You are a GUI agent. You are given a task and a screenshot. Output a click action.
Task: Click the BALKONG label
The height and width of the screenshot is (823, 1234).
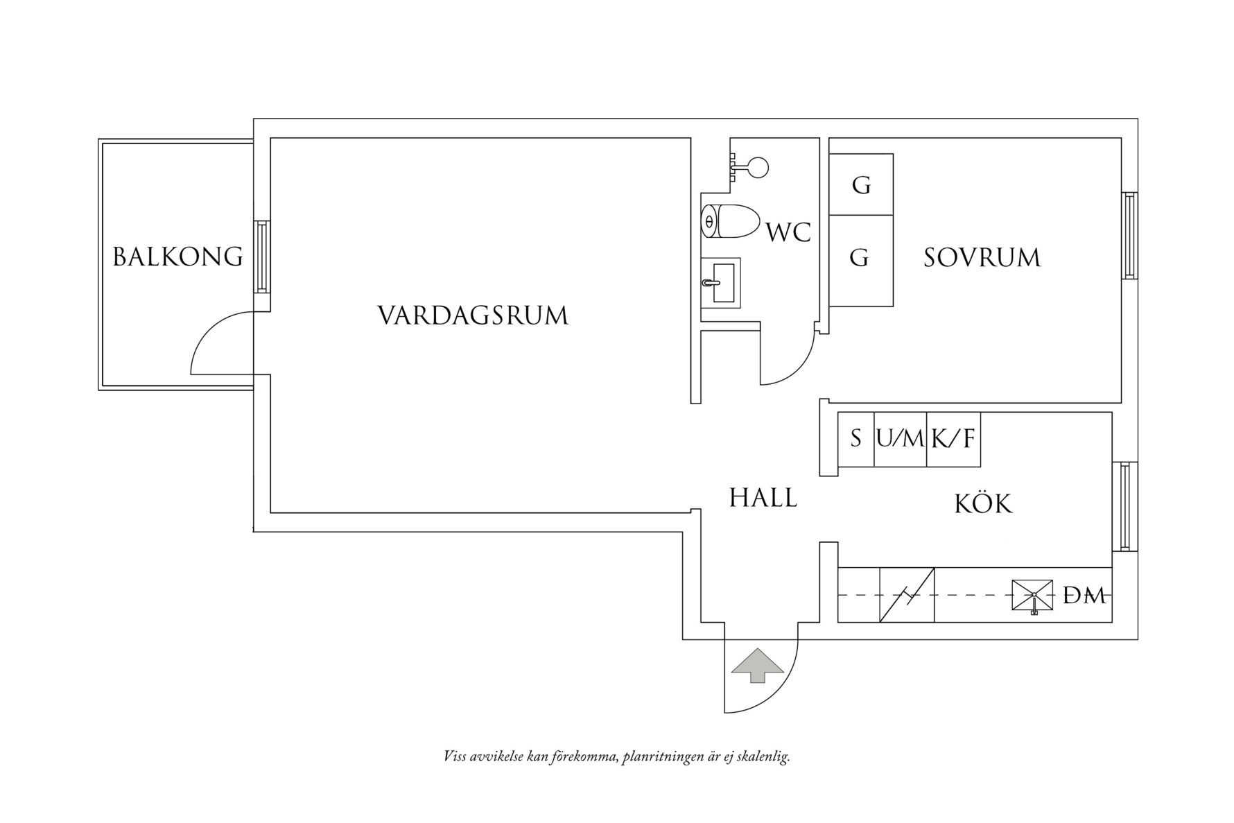click(178, 257)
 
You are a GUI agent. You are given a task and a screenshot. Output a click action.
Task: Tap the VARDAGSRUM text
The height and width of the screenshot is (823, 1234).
click(473, 316)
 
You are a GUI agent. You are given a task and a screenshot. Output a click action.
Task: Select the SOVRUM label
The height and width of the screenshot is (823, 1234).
click(982, 258)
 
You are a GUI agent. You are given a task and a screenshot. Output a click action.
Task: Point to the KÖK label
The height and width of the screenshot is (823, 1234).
click(983, 504)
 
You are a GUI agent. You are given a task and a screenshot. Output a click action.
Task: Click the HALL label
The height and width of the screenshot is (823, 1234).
click(763, 498)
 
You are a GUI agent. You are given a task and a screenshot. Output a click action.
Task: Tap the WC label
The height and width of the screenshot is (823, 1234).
click(788, 233)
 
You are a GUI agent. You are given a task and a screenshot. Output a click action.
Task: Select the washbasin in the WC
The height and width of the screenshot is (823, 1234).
click(721, 283)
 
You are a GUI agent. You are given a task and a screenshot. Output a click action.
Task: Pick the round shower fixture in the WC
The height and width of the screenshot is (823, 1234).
click(757, 167)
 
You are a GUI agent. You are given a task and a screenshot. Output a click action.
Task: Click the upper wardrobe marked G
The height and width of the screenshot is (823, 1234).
click(861, 185)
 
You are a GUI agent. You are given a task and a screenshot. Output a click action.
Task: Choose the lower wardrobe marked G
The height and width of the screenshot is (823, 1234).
click(860, 259)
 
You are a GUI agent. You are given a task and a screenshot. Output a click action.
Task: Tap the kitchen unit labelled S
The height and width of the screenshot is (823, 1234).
click(855, 439)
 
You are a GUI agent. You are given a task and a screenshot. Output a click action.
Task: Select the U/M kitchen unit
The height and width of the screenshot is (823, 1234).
click(900, 439)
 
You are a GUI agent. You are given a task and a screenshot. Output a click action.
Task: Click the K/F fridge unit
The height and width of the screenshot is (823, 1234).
click(953, 439)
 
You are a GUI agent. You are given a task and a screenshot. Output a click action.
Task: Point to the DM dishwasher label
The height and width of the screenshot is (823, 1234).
click(1084, 596)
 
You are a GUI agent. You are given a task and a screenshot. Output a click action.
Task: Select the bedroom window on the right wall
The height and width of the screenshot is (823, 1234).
click(1129, 236)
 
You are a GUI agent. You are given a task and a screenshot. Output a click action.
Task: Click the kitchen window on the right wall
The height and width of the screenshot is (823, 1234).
click(1124, 506)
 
